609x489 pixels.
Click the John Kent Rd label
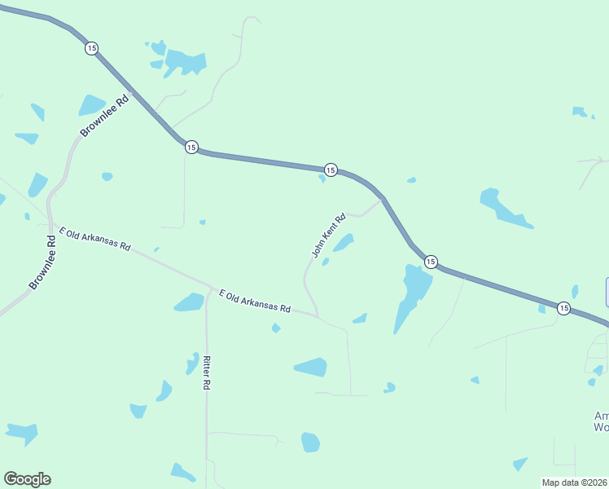coord(330,236)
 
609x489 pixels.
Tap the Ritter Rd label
coord(208,373)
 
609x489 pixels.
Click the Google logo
coord(27,479)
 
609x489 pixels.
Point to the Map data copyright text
coord(575,482)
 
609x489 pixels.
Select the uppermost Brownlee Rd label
coord(105,117)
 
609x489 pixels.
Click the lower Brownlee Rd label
coord(45,262)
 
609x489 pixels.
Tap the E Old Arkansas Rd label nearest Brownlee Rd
coord(94,240)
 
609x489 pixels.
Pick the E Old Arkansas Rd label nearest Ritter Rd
coord(255,301)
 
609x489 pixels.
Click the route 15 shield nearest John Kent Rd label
coord(330,170)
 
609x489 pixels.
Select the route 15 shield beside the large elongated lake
coord(431,262)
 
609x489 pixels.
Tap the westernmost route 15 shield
coord(90,49)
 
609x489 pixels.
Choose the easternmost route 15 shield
coord(563,308)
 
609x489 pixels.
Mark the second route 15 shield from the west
coord(191,147)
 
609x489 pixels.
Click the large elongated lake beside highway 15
coord(412,293)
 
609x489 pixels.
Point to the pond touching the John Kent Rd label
coord(344,242)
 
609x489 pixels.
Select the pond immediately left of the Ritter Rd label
coord(192,363)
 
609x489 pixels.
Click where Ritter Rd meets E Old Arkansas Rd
coord(208,289)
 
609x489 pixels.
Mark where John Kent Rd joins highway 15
coord(381,198)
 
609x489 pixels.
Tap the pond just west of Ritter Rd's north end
coord(189,302)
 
